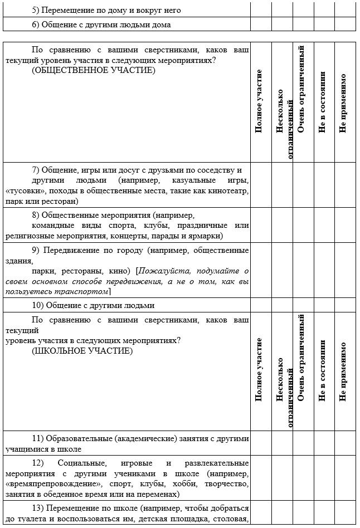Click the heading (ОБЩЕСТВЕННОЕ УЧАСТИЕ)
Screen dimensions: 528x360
click(x=94, y=71)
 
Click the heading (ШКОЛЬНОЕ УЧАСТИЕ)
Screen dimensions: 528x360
click(x=82, y=351)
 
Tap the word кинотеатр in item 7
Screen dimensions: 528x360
click(x=226, y=191)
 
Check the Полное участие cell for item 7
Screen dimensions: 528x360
click(x=261, y=185)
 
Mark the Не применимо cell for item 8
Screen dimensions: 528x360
click(x=344, y=225)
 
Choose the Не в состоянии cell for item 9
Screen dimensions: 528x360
click(x=324, y=271)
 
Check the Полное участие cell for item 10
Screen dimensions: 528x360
click(x=261, y=305)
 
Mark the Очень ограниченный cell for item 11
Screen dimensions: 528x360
click(x=303, y=443)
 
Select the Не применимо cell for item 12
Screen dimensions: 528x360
click(x=344, y=478)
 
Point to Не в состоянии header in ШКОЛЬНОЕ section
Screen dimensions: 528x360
click(x=322, y=371)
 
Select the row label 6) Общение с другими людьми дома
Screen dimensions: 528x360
click(x=101, y=25)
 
